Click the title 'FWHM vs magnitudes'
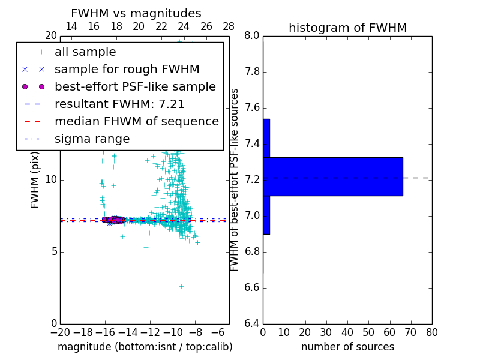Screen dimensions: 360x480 136,14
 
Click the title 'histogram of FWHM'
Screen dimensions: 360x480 347,28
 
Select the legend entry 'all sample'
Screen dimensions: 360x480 85,52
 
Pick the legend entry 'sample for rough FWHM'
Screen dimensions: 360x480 127,70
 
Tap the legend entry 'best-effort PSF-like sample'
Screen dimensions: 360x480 135,87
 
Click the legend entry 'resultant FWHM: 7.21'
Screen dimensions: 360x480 119,104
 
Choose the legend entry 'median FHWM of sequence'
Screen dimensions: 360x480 136,122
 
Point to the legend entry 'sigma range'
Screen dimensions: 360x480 92,139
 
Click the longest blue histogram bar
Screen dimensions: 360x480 332,176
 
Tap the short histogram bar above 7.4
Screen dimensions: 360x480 266,138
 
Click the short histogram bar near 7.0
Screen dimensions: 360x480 266,215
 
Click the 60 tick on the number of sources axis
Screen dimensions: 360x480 389,332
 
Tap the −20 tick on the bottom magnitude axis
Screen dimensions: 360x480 60,332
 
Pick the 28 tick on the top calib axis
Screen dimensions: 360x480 229,26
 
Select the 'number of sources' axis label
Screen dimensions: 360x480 347,347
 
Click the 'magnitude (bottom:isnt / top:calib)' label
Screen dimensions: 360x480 145,347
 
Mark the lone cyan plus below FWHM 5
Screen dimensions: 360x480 181,286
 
